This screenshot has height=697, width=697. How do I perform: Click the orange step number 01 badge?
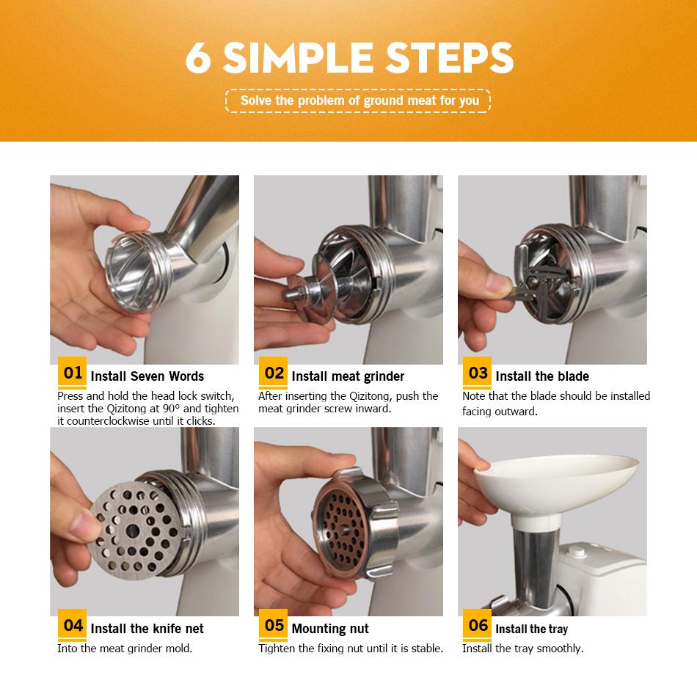(72, 372)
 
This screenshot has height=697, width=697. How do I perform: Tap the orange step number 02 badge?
(273, 372)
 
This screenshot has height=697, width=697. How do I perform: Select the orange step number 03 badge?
(477, 372)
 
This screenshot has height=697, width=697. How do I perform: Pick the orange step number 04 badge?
(72, 624)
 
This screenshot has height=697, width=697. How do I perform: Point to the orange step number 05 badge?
(273, 624)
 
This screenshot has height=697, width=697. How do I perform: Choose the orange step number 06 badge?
(477, 624)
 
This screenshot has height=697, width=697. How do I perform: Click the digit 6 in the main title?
(198, 58)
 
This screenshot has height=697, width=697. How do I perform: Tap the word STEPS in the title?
(450, 58)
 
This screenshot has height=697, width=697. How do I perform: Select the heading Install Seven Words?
(147, 376)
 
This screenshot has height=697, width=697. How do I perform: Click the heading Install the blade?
(542, 376)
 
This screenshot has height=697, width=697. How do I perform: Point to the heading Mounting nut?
(330, 629)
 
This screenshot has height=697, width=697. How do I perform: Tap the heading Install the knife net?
(147, 629)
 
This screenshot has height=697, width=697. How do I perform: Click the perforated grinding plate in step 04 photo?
(134, 529)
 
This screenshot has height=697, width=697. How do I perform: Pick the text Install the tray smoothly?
(522, 649)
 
